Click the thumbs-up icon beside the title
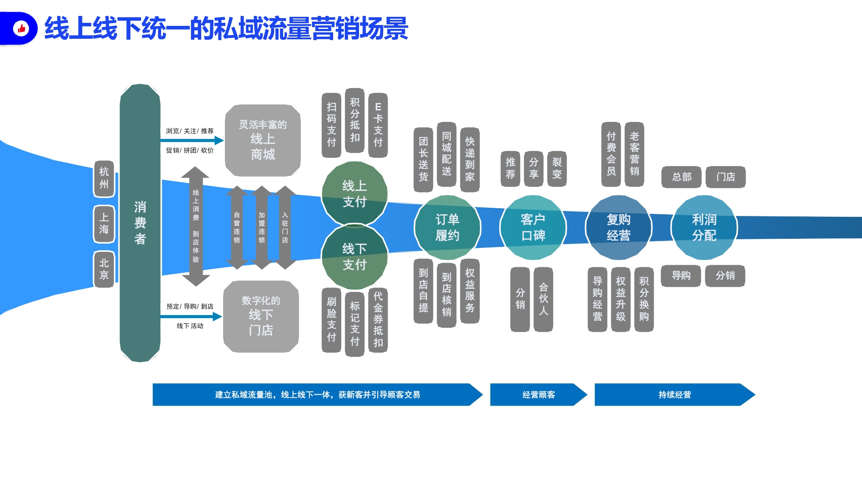pos(21,28)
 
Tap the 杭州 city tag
pos(104,178)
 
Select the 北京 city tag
pos(104,269)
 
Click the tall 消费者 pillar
pos(140,223)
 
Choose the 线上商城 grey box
pos(262,140)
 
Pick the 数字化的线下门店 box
pos(261,316)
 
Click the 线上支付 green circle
pos(354,194)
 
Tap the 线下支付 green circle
pos(354,257)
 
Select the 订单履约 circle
pos(447,228)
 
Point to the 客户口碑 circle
pos(533,228)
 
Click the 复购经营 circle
pos(618,228)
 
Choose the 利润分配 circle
pos(704,228)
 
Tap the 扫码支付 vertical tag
pos(331,125)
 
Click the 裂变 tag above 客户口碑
pos(557,169)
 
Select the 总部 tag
pos(681,177)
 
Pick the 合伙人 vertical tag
pos(543,299)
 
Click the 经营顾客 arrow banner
pos(539,394)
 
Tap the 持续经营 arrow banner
pos(675,394)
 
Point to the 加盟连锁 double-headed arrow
pos(262,228)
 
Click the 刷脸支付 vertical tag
pos(331,320)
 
